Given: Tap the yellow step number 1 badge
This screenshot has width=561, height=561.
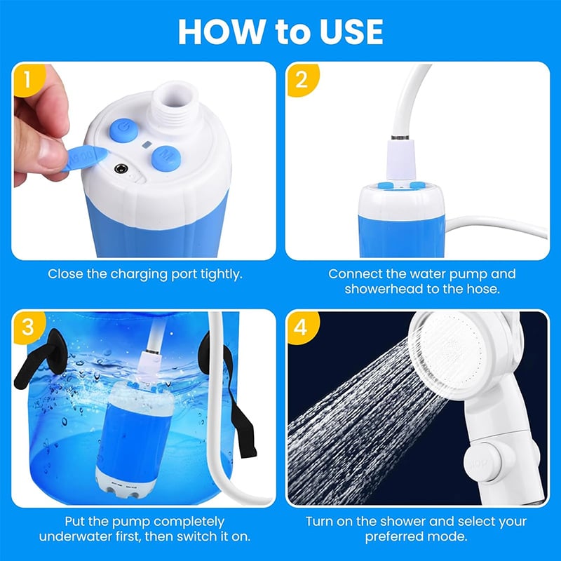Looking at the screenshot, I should (26, 79).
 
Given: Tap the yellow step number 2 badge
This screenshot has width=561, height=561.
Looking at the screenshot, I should (302, 79).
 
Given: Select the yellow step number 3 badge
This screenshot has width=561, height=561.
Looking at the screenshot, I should (26, 327).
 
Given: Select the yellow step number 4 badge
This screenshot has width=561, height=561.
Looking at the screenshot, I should (302, 327).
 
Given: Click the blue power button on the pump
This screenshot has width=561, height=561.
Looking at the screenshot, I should (123, 130).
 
